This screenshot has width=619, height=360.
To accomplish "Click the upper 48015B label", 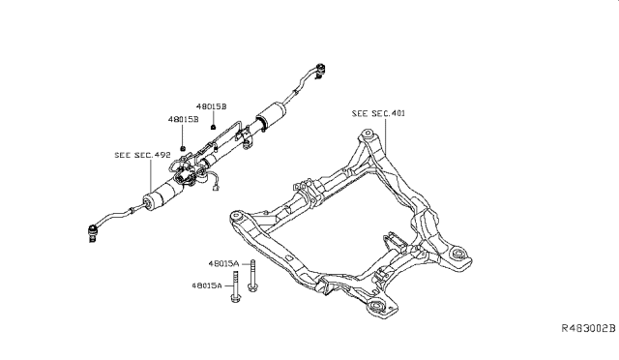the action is (x=212, y=106).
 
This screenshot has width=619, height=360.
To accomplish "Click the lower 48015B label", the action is (x=183, y=119).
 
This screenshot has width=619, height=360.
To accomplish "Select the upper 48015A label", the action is (x=223, y=263).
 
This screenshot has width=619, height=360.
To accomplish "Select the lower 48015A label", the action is (x=207, y=285).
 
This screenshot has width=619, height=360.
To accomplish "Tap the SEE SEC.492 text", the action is (x=142, y=155).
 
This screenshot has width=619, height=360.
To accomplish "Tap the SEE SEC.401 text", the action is (x=378, y=114).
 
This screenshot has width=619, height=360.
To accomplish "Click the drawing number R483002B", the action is (x=589, y=328).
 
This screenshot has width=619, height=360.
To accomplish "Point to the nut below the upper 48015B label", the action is (x=213, y=127).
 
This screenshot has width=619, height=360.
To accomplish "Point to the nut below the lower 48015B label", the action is (x=183, y=148).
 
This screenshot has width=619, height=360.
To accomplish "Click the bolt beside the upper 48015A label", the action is (x=252, y=276).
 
